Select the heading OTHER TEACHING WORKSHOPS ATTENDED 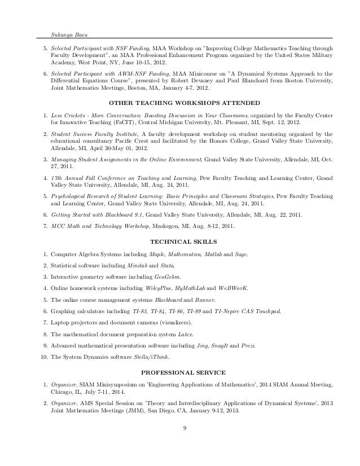coord(183,104)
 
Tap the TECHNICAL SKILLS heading coord(183,240)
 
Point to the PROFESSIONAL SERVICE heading coord(183,372)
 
